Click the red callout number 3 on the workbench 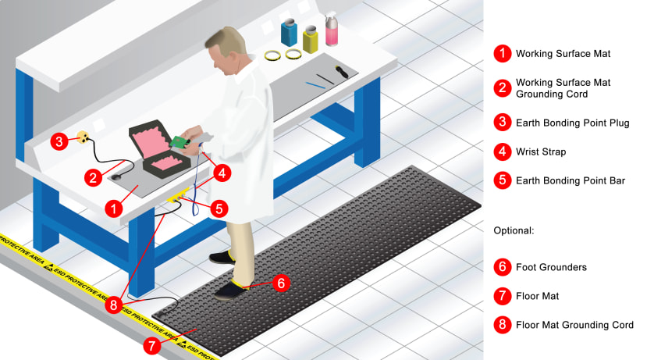[59, 141]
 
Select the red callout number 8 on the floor [115, 305]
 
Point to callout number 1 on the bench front [114, 208]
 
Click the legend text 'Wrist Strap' [541, 151]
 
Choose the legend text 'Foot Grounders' [551, 267]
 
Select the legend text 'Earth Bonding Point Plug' [572, 123]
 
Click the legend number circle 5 [503, 180]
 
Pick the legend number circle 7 [503, 296]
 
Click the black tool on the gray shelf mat [342, 74]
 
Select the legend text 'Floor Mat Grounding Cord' [574, 325]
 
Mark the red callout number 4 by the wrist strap [222, 173]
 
